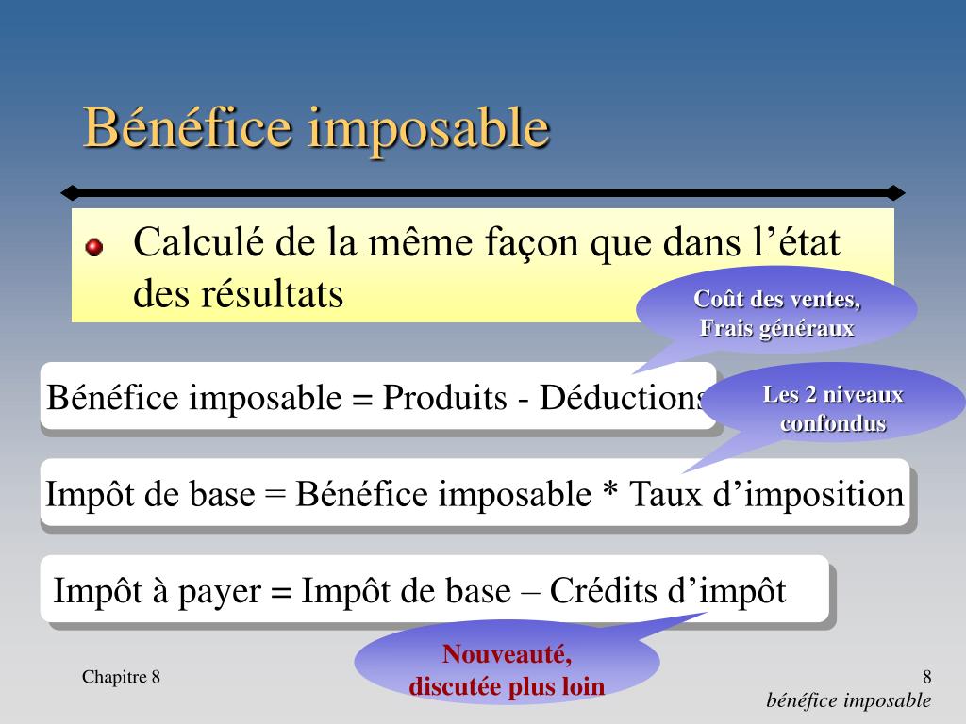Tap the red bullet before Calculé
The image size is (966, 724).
(93, 247)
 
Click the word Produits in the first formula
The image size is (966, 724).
(445, 397)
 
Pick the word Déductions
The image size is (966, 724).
(624, 397)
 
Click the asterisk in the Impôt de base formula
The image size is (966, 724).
(610, 490)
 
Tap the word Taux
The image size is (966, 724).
(665, 494)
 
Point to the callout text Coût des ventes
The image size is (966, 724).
(777, 299)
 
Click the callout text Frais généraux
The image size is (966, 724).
(777, 328)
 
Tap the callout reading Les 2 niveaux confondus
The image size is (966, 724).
(833, 409)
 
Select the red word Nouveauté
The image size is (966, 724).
(507, 655)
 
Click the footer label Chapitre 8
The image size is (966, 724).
(121, 677)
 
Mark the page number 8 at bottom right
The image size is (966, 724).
(926, 677)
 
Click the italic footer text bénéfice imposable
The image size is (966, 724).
(848, 700)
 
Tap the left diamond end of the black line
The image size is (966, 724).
(70, 192)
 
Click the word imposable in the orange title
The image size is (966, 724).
(429, 130)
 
